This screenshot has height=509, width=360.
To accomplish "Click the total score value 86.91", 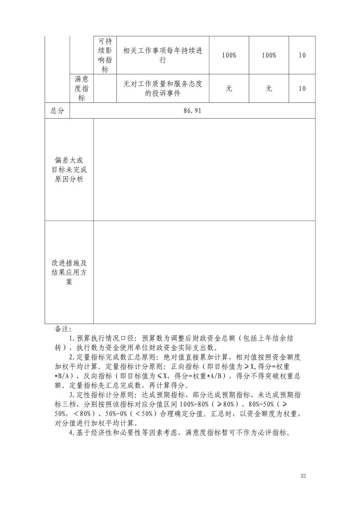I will point(192,111).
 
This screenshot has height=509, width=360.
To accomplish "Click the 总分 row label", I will point(57,111).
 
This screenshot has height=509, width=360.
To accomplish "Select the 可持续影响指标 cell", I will point(105,55).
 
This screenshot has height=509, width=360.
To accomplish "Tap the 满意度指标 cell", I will point(81,88).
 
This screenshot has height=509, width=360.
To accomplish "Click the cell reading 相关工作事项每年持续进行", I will point(163,55).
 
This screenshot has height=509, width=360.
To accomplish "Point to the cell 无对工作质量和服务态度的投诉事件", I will point(163,88).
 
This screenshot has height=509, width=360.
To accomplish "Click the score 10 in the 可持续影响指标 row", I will point(302,55).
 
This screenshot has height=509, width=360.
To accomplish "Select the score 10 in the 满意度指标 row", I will point(302,88).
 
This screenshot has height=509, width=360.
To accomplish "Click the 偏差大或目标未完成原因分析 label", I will point(69,169).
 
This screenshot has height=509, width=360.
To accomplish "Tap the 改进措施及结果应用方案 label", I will point(69,272).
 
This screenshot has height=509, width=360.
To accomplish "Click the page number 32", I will point(303,476).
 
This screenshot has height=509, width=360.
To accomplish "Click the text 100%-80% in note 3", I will point(195,404).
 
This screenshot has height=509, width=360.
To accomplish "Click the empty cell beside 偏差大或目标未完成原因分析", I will point(204,169).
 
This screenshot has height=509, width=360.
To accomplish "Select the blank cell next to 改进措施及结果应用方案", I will point(204,272).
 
